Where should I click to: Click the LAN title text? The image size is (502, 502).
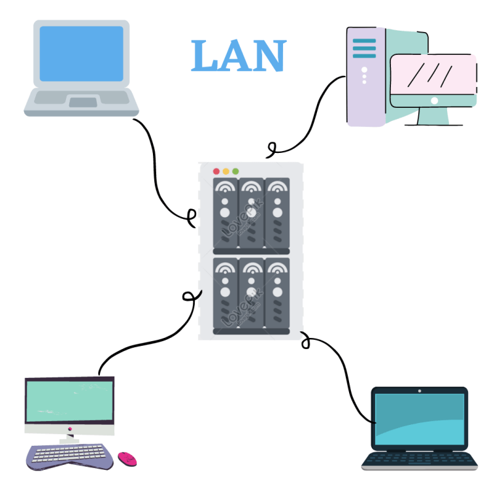(x=239, y=57)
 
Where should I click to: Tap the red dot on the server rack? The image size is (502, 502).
(x=216, y=171)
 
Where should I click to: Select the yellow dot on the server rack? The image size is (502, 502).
(x=226, y=171)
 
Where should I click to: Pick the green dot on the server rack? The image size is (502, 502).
(x=235, y=171)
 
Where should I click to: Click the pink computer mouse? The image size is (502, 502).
(x=127, y=458)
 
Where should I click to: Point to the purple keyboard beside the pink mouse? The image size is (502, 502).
(x=71, y=455)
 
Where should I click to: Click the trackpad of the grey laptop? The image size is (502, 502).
(x=82, y=102)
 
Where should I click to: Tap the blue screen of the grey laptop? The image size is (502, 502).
(x=81, y=54)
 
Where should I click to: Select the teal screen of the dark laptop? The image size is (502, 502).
(x=419, y=418)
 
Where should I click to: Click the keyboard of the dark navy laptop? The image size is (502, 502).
(x=419, y=459)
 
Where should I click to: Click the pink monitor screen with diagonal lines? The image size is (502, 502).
(x=433, y=74)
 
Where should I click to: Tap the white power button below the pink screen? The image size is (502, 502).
(x=435, y=101)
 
